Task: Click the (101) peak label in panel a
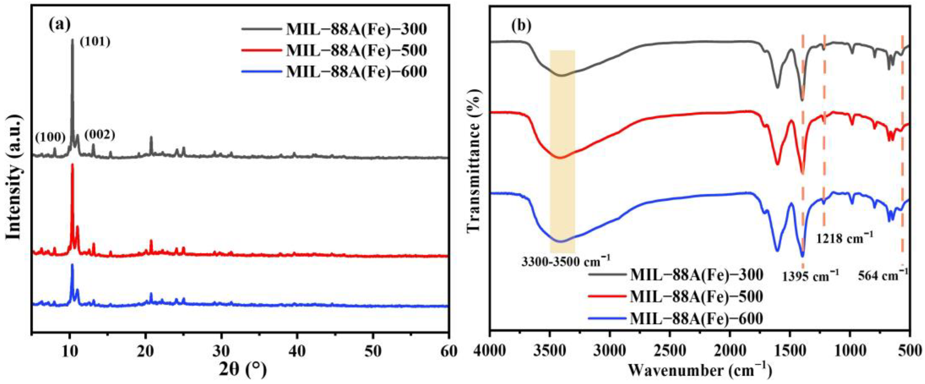coord(95,42)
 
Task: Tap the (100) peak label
coord(50,137)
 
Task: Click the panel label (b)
coord(521,26)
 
